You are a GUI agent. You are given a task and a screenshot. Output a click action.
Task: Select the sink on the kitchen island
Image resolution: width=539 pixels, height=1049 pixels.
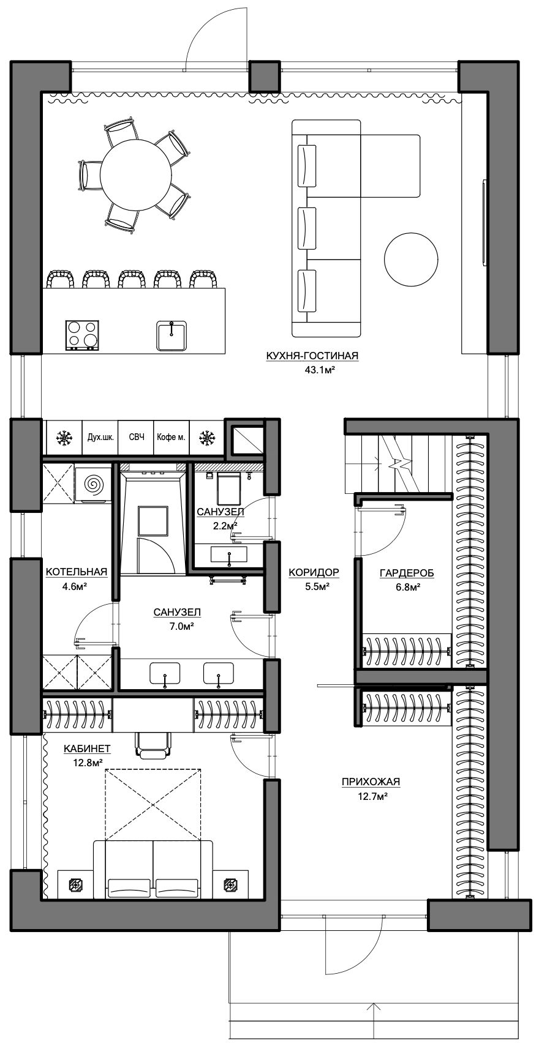click(x=171, y=335)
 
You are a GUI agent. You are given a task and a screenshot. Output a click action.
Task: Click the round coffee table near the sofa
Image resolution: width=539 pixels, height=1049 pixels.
click(x=410, y=258)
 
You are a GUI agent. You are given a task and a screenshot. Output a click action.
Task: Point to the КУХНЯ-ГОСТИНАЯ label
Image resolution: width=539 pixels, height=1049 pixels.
click(x=312, y=356)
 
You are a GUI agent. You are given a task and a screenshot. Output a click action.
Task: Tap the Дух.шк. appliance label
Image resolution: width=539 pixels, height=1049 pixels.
click(x=100, y=438)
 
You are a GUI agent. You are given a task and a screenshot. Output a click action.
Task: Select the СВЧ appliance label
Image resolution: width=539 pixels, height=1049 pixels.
click(x=137, y=437)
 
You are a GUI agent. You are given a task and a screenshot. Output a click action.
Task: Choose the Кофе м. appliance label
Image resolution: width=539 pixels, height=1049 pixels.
click(x=171, y=438)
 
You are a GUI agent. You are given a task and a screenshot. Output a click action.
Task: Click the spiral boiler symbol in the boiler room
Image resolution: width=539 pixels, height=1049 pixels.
click(x=93, y=483)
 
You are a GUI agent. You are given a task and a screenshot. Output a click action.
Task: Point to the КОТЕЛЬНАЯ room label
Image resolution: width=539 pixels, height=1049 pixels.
click(x=77, y=572)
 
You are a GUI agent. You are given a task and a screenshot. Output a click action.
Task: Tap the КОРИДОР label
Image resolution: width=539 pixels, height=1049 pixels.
click(x=314, y=572)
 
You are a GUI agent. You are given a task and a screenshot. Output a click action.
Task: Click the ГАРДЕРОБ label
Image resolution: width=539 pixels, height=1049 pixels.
click(x=406, y=573)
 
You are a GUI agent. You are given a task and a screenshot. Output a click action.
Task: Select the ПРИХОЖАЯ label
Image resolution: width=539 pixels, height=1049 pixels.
click(x=371, y=782)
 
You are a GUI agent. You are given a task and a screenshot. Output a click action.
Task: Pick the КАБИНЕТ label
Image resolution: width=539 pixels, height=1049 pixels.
click(x=87, y=749)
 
